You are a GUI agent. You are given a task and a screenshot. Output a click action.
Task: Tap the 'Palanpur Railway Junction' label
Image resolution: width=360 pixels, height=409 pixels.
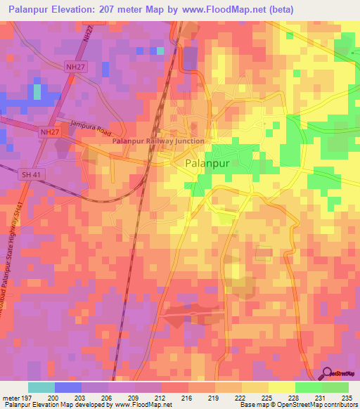(x=159, y=141)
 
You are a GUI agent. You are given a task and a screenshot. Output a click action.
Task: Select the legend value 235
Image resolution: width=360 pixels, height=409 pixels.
(x=346, y=397)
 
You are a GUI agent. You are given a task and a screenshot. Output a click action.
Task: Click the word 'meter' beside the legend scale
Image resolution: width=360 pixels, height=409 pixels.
(x=11, y=397)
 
